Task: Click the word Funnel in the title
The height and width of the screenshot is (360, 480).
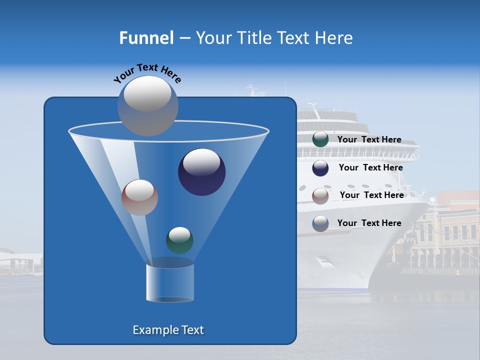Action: tap(146, 38)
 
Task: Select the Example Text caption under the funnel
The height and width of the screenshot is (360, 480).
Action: tap(168, 330)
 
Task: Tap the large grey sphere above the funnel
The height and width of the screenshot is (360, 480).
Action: tap(148, 105)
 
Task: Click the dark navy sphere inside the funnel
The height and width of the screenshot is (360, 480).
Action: tap(201, 172)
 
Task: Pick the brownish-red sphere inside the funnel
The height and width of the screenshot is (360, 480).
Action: tap(139, 197)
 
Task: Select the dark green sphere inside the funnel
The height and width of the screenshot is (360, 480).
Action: tap(179, 240)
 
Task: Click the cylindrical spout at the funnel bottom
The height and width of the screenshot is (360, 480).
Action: tap(170, 283)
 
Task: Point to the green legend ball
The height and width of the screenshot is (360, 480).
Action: tap(320, 139)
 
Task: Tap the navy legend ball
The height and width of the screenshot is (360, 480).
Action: tap(320, 168)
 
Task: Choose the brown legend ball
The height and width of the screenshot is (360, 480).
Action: tap(320, 196)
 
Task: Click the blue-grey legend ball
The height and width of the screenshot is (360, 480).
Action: tap(320, 223)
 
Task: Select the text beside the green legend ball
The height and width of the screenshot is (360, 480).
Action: tap(369, 139)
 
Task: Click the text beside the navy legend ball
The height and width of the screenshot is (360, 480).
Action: tap(370, 167)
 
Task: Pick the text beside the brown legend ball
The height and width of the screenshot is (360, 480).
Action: tap(371, 195)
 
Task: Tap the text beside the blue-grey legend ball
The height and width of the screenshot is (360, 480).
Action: tap(369, 223)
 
